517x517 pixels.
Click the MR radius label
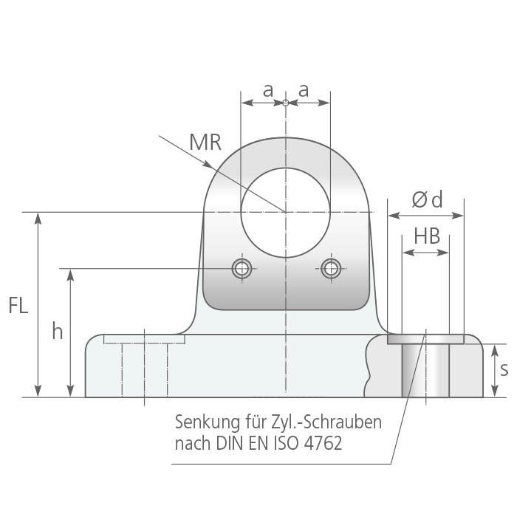[x=205, y=142]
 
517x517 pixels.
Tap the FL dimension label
[x=18, y=305]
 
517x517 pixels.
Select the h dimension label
[x=58, y=331]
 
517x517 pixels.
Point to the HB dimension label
[x=427, y=236]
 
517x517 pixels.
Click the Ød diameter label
[x=427, y=199]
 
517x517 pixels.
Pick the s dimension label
[x=504, y=369]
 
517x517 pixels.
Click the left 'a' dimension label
[x=268, y=90]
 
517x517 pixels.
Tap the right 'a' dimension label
[x=304, y=90]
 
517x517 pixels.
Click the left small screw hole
[x=242, y=268]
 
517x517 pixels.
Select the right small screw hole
[x=331, y=268]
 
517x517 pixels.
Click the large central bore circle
[x=286, y=168]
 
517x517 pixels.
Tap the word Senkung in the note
[x=208, y=422]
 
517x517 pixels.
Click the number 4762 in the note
[x=323, y=443]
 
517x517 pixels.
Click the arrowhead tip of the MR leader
[x=211, y=168]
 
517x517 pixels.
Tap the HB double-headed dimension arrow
[x=425, y=253]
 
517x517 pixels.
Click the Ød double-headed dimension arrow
[x=425, y=216]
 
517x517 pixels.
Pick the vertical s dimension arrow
[x=494, y=371]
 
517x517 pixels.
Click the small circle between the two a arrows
[x=286, y=103]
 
